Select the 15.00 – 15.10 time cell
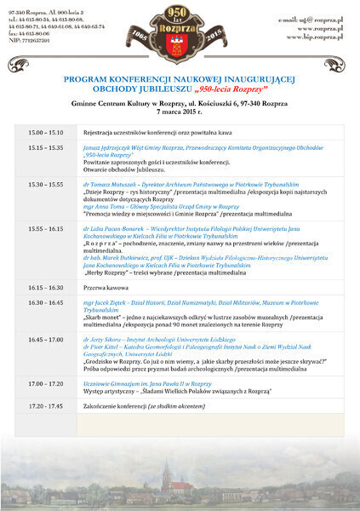click(46, 134)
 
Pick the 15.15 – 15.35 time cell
click(46, 147)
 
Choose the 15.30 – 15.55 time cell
click(46, 184)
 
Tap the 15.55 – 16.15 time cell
click(46, 228)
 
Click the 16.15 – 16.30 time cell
click(46, 288)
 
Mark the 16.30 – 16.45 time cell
click(46, 302)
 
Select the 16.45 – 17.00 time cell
click(46, 339)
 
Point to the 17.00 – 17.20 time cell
click(46, 383)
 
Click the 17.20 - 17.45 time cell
click(46, 405)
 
